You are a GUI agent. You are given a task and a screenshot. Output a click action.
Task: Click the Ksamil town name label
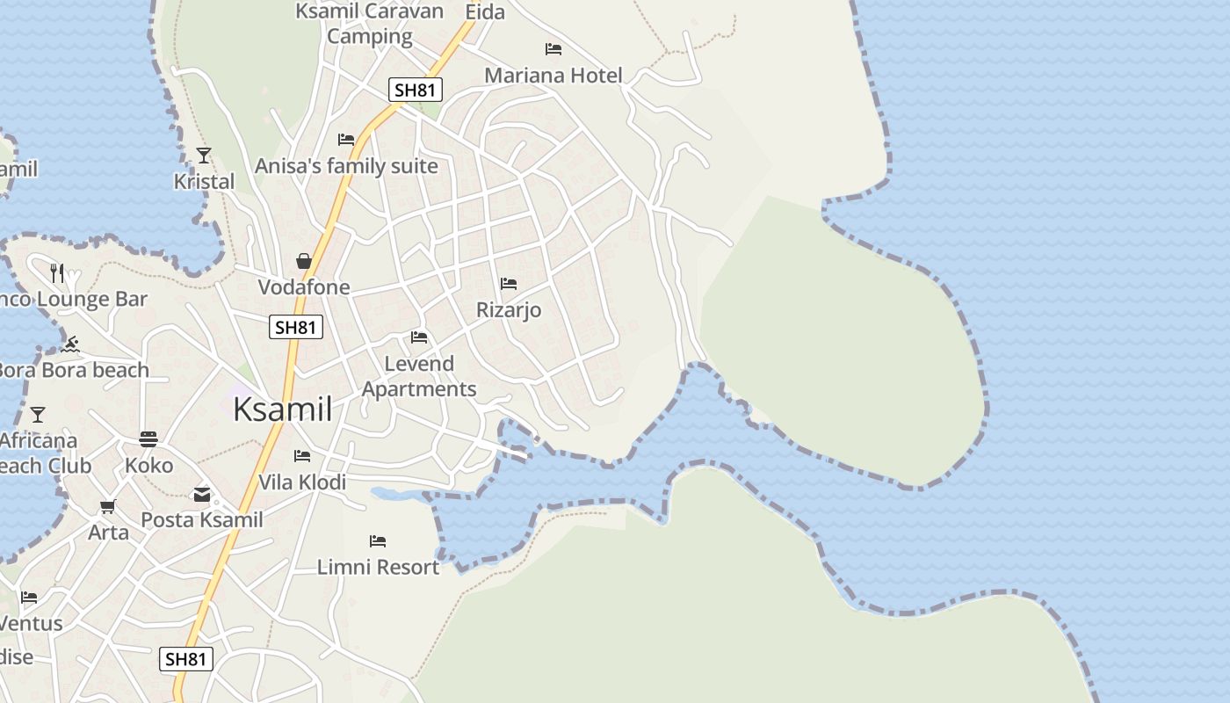[x=283, y=410]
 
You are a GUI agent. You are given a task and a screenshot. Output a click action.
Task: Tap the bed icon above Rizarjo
[x=509, y=284]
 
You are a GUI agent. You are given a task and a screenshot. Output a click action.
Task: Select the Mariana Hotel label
[x=553, y=76]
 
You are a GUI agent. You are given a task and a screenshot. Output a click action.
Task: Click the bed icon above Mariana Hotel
[x=553, y=49]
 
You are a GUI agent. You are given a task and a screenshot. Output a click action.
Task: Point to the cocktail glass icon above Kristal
[x=204, y=156]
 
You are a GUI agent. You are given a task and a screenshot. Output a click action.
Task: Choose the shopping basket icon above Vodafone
[x=304, y=261]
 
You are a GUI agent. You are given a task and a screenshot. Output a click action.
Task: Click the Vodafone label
[x=304, y=287]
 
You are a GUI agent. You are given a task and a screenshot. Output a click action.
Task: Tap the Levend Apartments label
[x=419, y=376]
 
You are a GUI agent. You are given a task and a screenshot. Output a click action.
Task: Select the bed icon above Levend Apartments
[x=419, y=337]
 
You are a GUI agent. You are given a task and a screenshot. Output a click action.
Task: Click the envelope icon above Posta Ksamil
[x=202, y=495]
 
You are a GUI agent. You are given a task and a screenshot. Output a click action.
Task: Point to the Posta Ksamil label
[x=202, y=520]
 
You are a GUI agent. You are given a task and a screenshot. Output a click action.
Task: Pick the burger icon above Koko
[x=148, y=439]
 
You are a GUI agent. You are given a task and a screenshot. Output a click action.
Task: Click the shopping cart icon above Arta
[x=108, y=506]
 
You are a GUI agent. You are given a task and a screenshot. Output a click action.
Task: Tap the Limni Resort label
[x=378, y=568]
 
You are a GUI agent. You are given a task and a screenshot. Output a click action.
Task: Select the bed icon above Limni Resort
[x=378, y=541]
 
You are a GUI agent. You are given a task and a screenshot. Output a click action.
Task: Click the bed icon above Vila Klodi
[x=302, y=456]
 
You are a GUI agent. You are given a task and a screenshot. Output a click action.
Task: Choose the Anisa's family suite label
[x=346, y=166]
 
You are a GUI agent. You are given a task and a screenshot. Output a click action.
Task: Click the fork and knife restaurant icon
[x=57, y=273]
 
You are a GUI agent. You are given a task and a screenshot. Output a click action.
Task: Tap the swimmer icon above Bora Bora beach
[x=72, y=344]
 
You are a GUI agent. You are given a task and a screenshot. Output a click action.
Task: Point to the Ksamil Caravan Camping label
[x=370, y=24]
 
